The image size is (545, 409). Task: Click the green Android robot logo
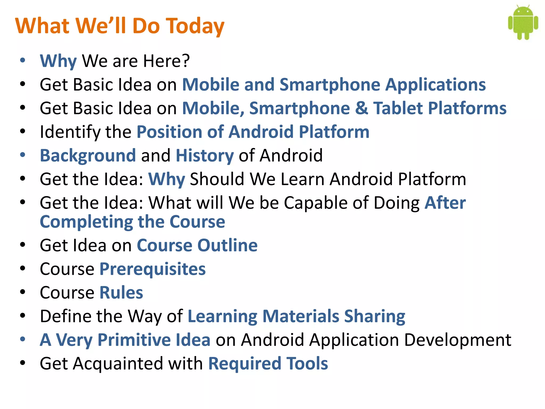coord(523,23)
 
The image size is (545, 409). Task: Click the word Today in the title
coord(195,26)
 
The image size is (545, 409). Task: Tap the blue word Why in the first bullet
coord(58,61)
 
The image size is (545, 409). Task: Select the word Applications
coord(436,85)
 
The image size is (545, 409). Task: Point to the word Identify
coord(70,132)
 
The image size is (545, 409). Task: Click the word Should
coord(217,179)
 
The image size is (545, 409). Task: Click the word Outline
coord(227,245)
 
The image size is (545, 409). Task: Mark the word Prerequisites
coord(152,269)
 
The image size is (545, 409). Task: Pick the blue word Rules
coord(121,293)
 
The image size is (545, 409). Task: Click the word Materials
coord(301,316)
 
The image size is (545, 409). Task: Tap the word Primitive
coord(134,340)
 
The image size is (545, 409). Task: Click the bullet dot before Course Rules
coord(23,292)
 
